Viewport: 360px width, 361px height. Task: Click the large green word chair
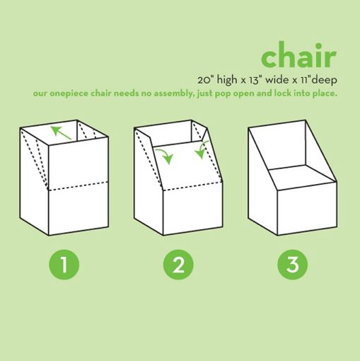tap(298, 55)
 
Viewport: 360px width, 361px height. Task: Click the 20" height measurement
tap(205, 80)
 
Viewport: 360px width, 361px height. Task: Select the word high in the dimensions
tap(227, 80)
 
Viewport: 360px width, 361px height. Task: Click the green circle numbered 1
tap(64, 265)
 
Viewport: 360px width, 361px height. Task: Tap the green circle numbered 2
tap(178, 265)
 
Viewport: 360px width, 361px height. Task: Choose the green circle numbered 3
tap(293, 265)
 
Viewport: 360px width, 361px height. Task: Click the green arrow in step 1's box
tap(61, 133)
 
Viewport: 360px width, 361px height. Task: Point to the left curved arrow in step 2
tap(165, 155)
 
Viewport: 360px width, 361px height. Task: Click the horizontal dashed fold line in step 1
tap(78, 185)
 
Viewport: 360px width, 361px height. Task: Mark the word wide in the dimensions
tap(277, 80)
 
